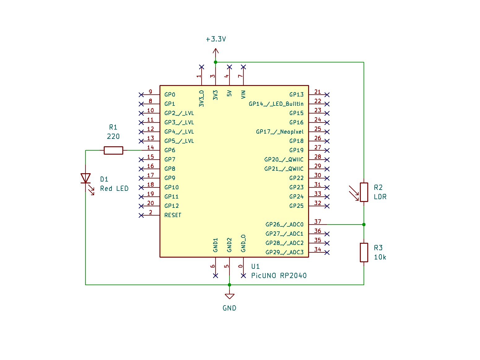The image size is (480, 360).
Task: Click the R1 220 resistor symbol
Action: [113, 150]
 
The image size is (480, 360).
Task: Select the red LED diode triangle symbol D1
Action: [85, 178]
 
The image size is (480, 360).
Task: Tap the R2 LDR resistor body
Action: [364, 192]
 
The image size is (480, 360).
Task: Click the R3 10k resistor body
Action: [364, 252]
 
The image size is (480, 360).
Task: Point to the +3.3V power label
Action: [216, 39]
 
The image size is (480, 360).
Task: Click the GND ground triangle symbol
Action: [229, 296]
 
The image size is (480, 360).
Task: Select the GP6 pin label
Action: [170, 150]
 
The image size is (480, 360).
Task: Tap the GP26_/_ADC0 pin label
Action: [284, 225]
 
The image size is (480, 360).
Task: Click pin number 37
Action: [318, 221]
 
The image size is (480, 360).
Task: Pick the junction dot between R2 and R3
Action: [364, 225]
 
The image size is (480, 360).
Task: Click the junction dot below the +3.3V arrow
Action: [216, 62]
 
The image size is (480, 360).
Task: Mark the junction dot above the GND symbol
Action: [229, 285]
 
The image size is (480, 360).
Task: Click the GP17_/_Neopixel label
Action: [280, 132]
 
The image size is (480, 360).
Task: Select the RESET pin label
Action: [172, 215]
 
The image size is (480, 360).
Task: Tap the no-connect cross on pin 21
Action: [327, 95]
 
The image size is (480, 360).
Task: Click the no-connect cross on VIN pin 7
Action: [243, 67]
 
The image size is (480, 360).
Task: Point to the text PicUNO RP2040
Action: [279, 276]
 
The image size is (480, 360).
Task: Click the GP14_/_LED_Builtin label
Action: [276, 104]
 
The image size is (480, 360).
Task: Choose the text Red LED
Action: [114, 189]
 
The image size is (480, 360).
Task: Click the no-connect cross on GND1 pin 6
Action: [216, 276]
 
